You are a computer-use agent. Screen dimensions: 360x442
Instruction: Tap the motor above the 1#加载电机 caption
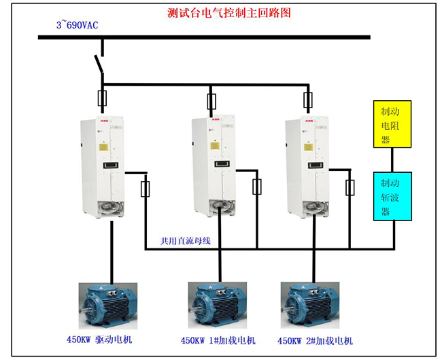click(216, 304)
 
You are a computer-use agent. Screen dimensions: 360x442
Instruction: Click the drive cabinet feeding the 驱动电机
click(103, 167)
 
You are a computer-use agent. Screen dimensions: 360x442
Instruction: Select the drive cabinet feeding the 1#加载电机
click(214, 167)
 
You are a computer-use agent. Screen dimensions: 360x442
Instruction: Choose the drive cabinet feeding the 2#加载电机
click(307, 167)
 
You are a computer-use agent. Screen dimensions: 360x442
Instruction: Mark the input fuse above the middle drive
click(211, 102)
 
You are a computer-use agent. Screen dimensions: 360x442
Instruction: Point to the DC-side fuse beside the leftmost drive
click(145, 188)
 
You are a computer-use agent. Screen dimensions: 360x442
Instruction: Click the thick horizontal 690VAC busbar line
click(204, 36)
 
